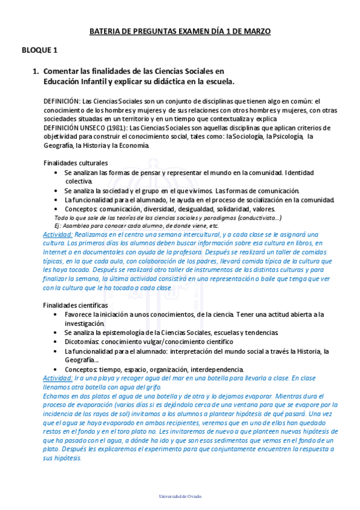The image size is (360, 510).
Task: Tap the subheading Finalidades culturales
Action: click(76, 163)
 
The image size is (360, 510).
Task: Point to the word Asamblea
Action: click(74, 226)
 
